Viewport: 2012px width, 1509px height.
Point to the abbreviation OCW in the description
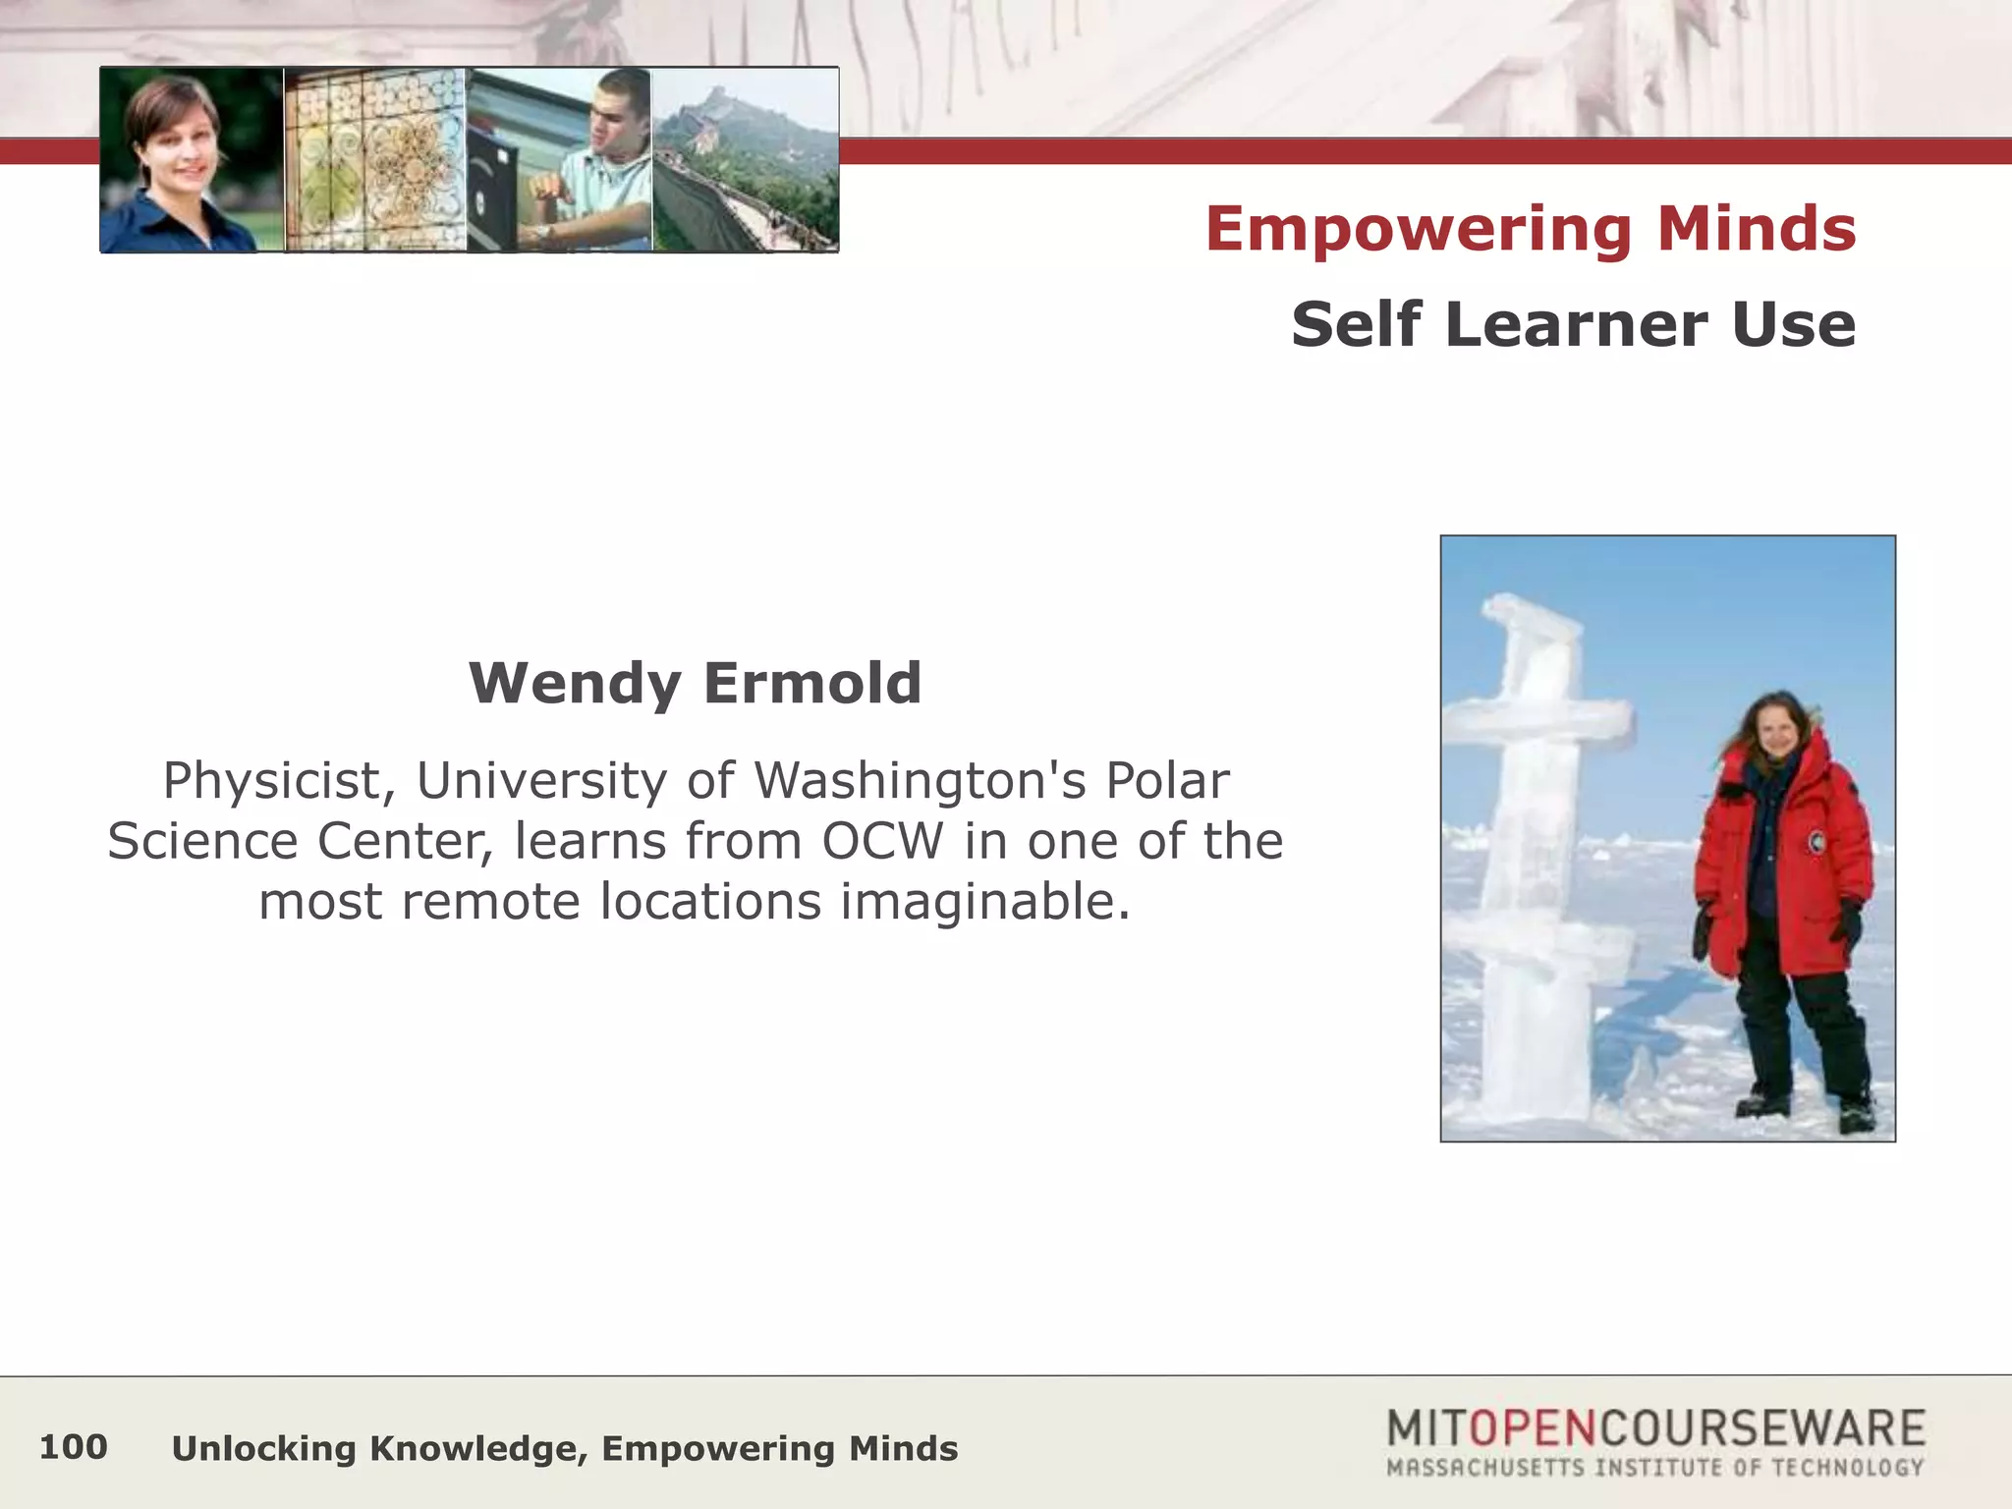(x=882, y=842)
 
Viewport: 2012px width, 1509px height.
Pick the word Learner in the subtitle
(x=1578, y=324)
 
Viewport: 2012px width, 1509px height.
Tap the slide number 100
(x=73, y=1447)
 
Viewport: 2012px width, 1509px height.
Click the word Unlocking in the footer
(x=263, y=1449)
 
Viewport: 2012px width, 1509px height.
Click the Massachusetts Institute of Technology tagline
(x=1654, y=1468)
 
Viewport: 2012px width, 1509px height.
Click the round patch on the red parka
(x=1817, y=842)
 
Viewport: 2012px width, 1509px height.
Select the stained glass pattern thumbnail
(x=374, y=160)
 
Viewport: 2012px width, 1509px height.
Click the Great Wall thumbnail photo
(x=746, y=160)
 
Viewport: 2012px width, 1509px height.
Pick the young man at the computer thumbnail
(x=559, y=160)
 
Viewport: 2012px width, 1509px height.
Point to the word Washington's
(x=921, y=782)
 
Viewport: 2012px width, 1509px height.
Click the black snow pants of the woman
(x=1803, y=1032)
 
